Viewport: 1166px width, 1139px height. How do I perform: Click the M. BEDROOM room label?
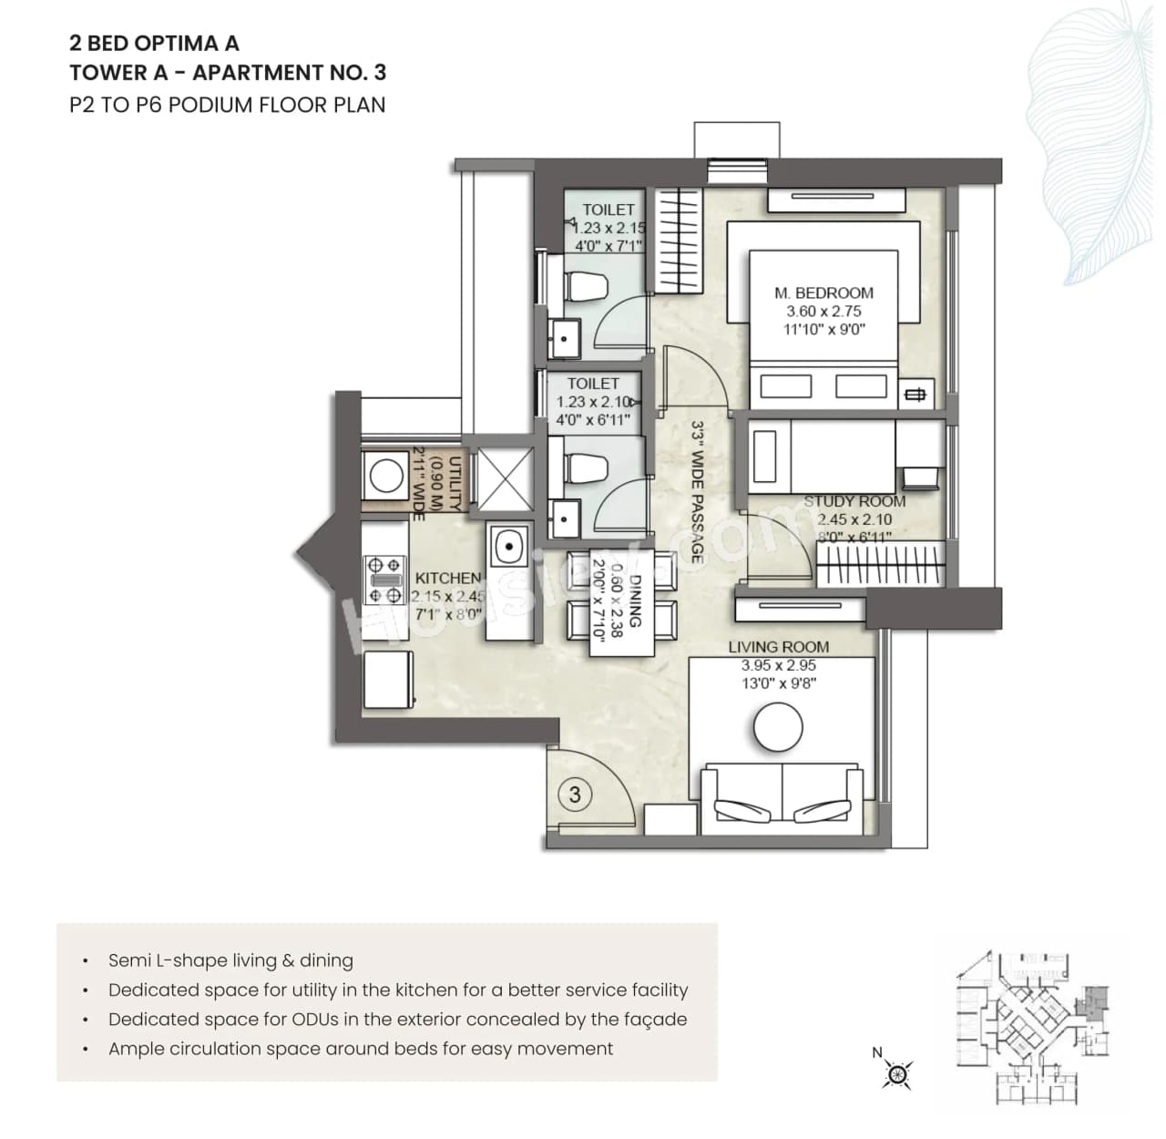point(823,292)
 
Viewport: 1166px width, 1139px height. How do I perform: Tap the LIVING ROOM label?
point(778,647)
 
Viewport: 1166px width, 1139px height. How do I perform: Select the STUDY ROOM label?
point(854,501)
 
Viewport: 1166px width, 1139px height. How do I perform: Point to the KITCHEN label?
point(447,578)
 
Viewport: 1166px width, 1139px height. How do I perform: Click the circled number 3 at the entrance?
point(575,795)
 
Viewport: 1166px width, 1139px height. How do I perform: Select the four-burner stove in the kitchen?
point(384,580)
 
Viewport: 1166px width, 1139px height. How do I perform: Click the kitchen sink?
point(506,548)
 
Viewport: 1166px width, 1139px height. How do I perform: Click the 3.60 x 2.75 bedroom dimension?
point(823,311)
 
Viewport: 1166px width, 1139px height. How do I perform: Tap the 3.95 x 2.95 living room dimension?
point(778,665)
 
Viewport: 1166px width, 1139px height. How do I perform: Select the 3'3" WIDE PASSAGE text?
point(697,491)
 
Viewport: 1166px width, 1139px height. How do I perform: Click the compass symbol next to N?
point(898,1074)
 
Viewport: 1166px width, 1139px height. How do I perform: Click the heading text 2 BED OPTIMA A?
point(155,43)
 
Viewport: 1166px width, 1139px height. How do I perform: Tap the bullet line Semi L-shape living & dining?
point(230,960)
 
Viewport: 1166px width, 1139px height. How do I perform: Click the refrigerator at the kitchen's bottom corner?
point(389,679)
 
